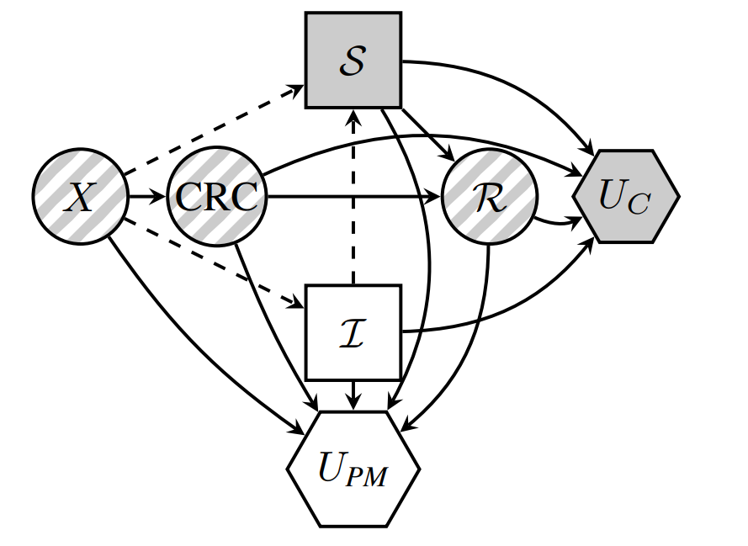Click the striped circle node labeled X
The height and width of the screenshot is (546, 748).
click(80, 197)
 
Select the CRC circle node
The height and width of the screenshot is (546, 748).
click(216, 197)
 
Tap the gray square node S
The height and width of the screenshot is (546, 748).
click(353, 60)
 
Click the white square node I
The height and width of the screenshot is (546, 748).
click(353, 332)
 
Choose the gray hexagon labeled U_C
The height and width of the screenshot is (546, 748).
click(625, 196)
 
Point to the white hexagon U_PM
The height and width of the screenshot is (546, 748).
click(353, 469)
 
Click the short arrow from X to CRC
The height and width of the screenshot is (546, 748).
click(146, 197)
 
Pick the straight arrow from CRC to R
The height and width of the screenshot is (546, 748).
click(353, 198)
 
